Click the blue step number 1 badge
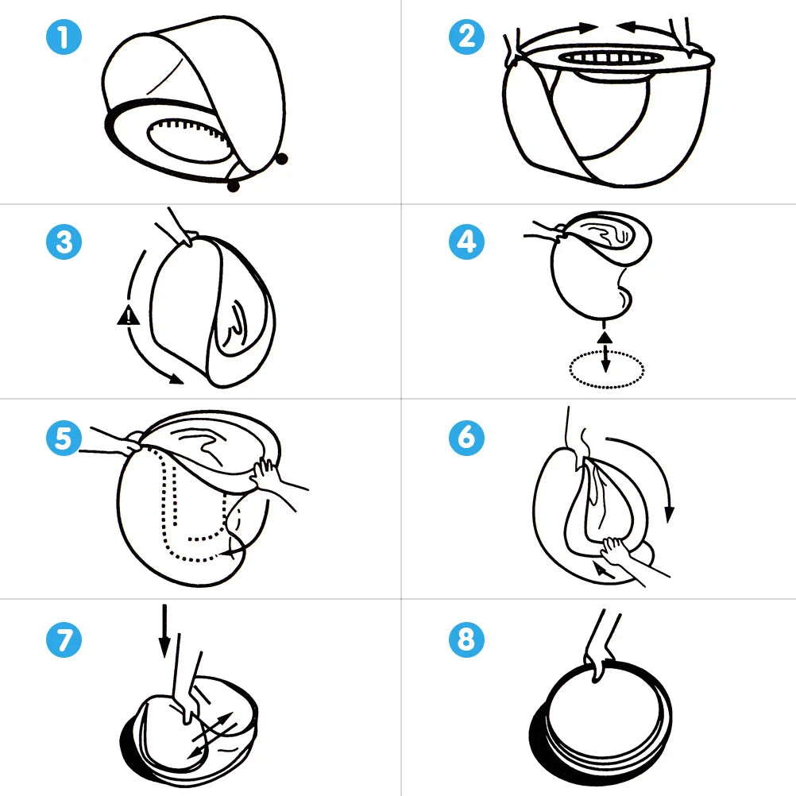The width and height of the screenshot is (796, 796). (x=64, y=39)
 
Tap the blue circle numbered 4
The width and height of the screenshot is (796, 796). (x=467, y=241)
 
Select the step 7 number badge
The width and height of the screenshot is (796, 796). (x=64, y=639)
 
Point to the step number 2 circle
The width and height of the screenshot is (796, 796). (x=467, y=37)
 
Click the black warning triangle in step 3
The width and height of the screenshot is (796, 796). (x=127, y=316)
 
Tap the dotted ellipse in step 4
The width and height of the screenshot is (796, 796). (x=607, y=369)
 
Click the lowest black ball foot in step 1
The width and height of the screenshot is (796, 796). (x=233, y=186)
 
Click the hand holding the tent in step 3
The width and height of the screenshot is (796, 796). (x=180, y=230)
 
